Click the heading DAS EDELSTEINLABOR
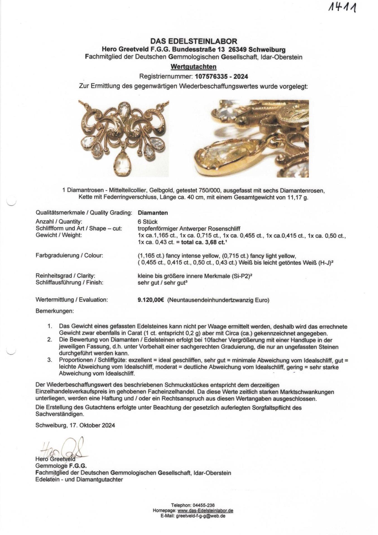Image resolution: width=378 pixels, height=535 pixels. pos(194,42)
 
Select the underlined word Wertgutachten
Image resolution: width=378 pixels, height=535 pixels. pos(193,67)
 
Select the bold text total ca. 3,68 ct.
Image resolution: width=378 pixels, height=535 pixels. pos(203,242)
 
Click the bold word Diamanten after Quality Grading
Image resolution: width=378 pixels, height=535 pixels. pos(153,213)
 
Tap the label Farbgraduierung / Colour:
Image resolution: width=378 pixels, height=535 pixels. pos(69,256)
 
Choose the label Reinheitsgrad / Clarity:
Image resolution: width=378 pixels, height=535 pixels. pos(66,276)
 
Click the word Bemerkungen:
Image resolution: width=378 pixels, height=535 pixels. pos(55,311)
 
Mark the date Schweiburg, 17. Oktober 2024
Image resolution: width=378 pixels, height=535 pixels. pos(75,425)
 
